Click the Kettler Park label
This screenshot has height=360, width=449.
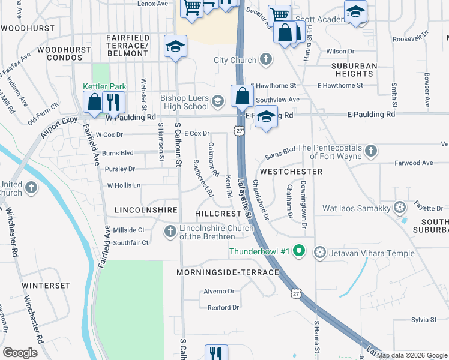pyautogui.click(x=104, y=86)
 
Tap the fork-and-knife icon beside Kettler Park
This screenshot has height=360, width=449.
pyautogui.click(x=112, y=102)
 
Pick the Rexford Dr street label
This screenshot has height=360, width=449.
pyautogui.click(x=223, y=308)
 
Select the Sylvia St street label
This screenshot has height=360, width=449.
pyautogui.click(x=424, y=320)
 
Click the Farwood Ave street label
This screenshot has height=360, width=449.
pyautogui.click(x=414, y=163)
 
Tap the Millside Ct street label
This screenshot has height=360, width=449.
pyautogui.click(x=129, y=230)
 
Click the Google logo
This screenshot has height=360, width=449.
pyautogui.click(x=20, y=353)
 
